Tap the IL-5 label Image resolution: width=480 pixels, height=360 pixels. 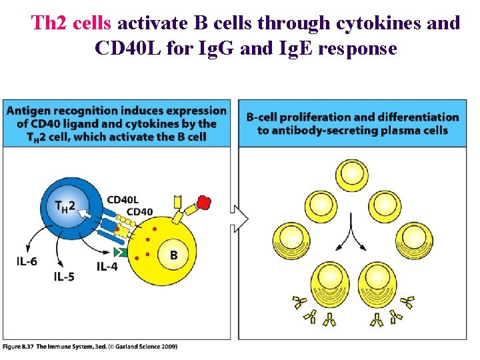click(64, 276)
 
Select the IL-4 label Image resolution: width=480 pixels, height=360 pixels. click(109, 267)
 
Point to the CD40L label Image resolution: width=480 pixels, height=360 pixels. click(123, 199)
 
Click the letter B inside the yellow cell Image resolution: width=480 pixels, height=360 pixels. click(173, 255)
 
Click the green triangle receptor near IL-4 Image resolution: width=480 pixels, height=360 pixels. click(120, 252)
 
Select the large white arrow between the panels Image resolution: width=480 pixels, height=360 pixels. click(239, 217)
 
